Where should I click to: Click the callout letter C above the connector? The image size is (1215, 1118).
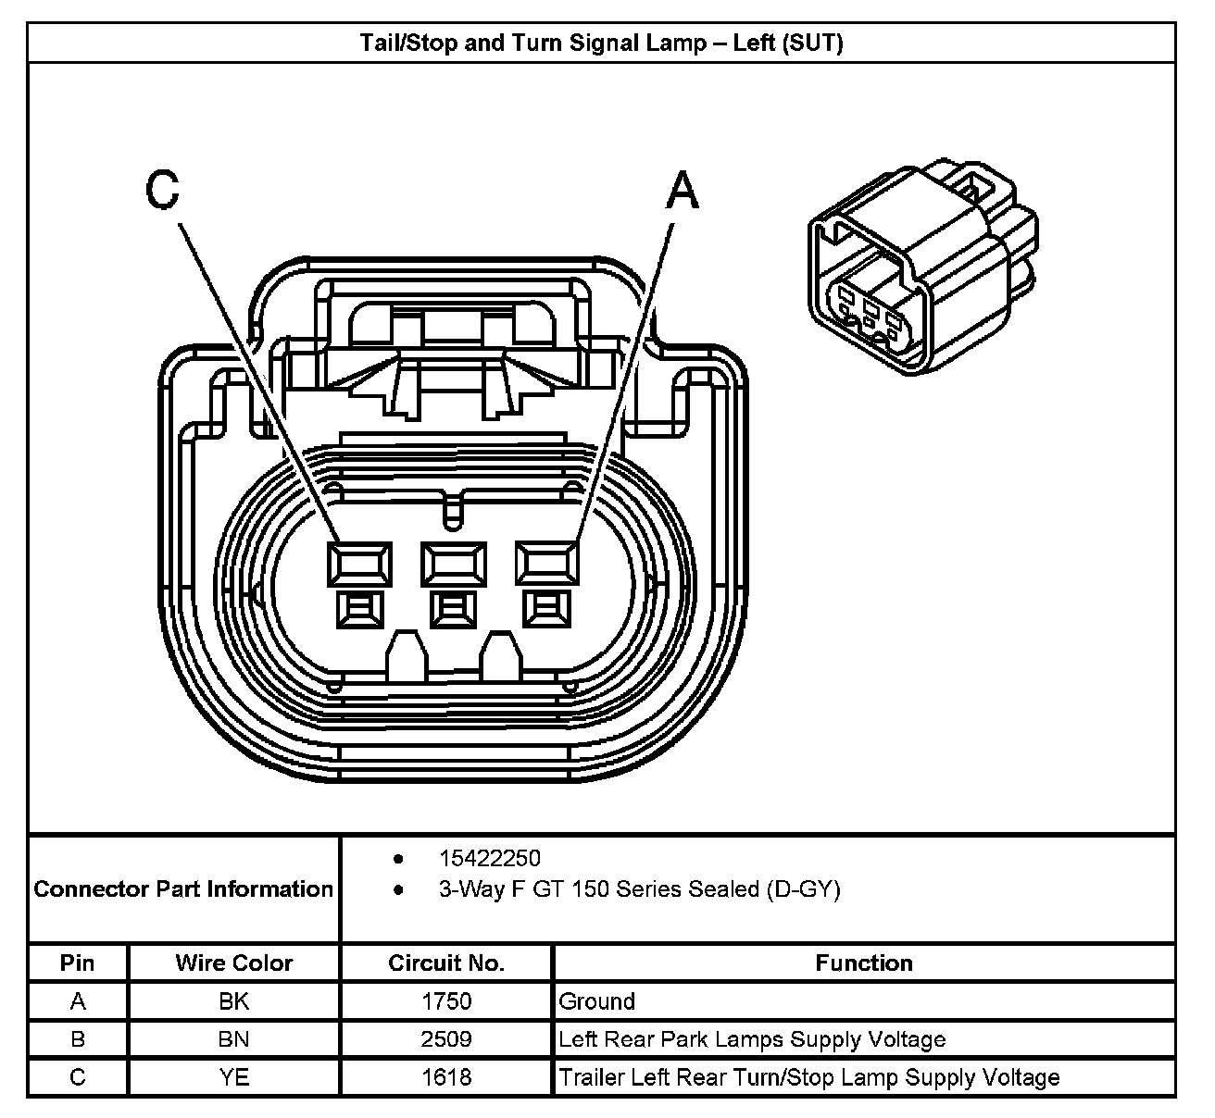point(162,191)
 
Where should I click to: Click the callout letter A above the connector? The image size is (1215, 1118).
point(683,192)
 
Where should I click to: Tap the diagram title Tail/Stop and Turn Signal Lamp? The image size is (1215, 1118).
point(601,43)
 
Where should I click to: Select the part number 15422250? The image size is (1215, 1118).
point(489,859)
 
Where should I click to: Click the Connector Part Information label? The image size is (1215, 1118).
point(183,889)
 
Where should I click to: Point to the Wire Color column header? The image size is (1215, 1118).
point(233,963)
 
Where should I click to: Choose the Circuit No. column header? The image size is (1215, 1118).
point(446,963)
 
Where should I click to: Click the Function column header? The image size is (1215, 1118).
point(863,963)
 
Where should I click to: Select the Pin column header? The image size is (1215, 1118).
point(78,963)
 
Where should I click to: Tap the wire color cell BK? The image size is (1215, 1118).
point(233,1001)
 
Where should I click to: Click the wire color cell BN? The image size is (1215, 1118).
point(233,1039)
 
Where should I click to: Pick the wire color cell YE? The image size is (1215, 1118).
point(233,1077)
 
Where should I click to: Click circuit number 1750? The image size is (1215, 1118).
point(446,1001)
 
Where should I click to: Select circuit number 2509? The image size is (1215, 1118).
point(446,1039)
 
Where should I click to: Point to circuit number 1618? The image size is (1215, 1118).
point(446,1077)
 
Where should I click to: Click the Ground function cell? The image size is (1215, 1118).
point(597,1001)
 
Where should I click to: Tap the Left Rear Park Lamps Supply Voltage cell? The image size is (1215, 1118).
point(752,1039)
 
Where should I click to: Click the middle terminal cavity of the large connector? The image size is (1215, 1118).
point(453,563)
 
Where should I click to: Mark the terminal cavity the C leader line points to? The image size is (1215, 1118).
point(358,563)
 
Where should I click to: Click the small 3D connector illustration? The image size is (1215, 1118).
point(921,269)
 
